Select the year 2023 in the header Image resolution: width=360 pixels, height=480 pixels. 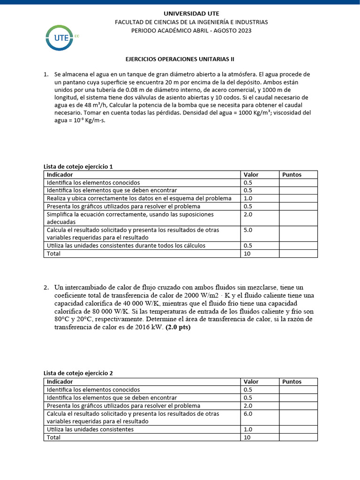(x=244, y=30)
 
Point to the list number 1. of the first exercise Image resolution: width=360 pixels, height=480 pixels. (x=46, y=75)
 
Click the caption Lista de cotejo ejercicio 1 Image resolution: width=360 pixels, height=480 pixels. (x=78, y=166)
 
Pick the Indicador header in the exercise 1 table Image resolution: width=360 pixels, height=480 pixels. (x=60, y=174)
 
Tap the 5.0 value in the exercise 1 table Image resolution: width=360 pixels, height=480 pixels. (x=248, y=230)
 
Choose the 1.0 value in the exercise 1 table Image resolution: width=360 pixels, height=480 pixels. (x=248, y=198)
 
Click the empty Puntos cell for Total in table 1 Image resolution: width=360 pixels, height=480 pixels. (x=298, y=254)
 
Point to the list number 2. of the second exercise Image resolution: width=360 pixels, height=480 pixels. (x=46, y=287)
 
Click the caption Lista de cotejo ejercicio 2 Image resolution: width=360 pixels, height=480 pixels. (x=78, y=374)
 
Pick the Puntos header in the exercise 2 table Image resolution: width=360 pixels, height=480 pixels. (x=292, y=382)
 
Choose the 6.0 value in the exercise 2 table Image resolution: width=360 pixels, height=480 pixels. (x=248, y=413)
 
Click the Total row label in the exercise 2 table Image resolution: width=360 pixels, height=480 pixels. (x=53, y=437)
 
